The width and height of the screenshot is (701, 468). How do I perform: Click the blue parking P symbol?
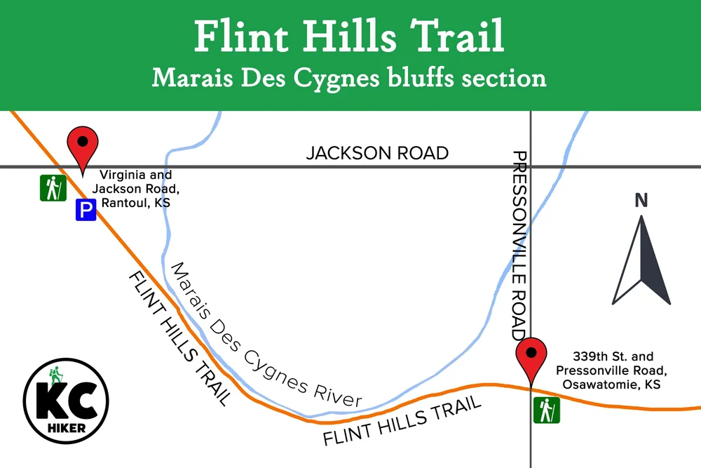point(86,210)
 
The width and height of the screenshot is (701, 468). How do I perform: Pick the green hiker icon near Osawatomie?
point(546,410)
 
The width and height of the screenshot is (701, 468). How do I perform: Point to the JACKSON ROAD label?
point(377,153)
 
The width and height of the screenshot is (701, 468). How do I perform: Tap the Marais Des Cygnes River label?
point(267,336)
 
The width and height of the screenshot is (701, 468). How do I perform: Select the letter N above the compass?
point(641,201)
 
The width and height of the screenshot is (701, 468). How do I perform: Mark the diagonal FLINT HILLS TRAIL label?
point(179,337)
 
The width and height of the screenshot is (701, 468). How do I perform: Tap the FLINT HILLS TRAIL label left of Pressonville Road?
point(402,420)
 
